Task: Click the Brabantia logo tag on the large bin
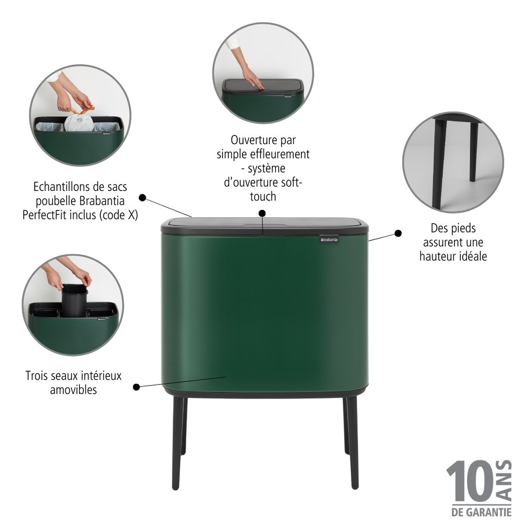[329, 239]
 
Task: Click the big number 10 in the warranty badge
[469, 481]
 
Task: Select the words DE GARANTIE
[481, 512]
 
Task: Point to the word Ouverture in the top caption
[249, 140]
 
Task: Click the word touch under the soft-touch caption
[263, 197]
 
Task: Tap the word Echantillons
[60, 187]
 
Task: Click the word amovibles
[74, 390]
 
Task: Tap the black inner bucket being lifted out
[74, 300]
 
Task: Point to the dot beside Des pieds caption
[398, 233]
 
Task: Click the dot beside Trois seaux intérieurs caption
[136, 387]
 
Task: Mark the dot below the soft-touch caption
[262, 214]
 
